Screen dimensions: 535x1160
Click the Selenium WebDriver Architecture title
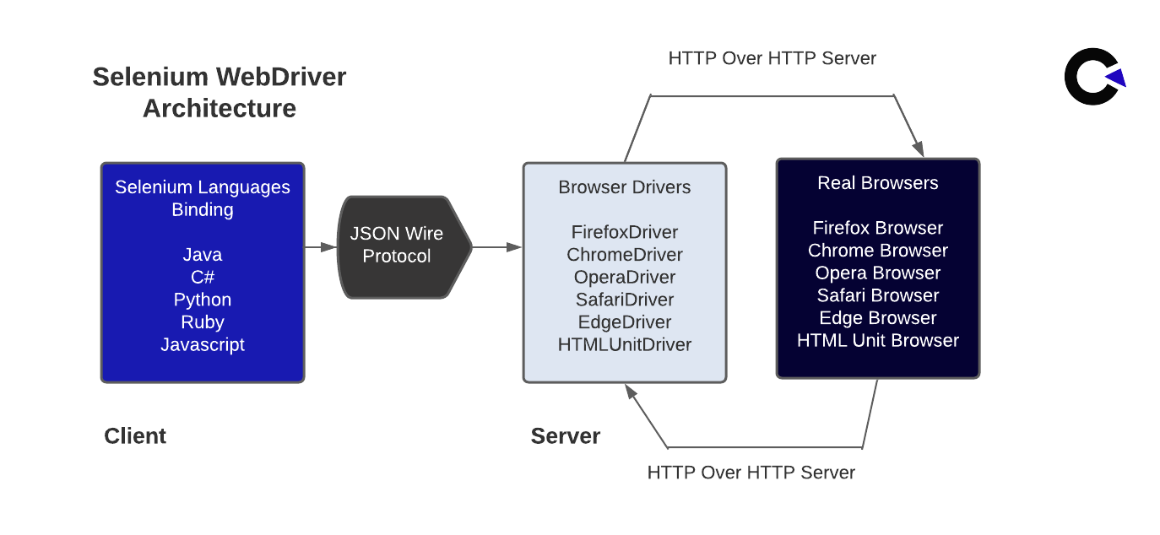tap(219, 93)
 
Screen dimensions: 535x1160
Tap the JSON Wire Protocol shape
tap(397, 246)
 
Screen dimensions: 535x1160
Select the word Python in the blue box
tap(203, 300)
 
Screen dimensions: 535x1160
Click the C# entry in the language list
tap(203, 277)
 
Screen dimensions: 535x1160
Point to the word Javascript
tap(203, 344)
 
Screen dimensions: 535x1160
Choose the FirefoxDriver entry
tap(624, 231)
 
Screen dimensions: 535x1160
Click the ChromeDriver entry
tap(624, 254)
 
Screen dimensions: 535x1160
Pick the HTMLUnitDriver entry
tap(624, 344)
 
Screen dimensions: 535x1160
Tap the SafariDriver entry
tap(624, 300)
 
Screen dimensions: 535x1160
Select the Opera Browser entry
tap(877, 273)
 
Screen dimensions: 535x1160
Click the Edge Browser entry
tap(877, 318)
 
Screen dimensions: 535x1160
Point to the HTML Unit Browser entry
tap(877, 341)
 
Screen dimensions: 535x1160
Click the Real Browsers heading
tap(877, 183)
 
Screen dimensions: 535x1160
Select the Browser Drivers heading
tap(624, 187)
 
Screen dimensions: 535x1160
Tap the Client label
tap(135, 436)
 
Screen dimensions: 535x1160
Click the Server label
tap(565, 436)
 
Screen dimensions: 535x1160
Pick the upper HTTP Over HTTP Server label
tap(772, 58)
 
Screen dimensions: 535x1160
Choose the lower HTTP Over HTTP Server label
tap(751, 473)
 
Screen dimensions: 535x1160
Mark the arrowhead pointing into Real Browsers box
tap(919, 149)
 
